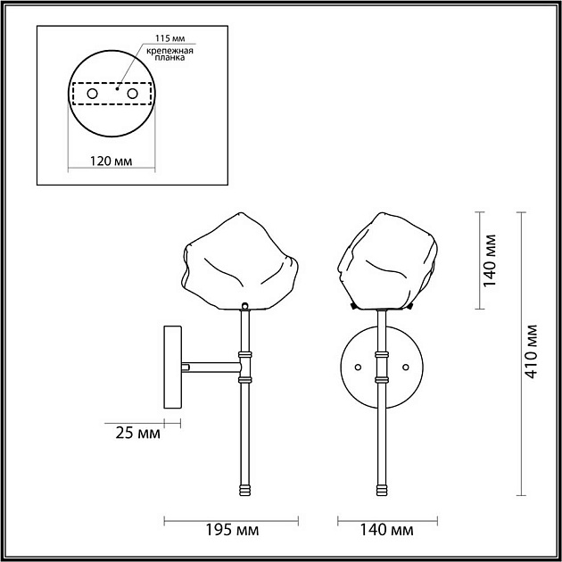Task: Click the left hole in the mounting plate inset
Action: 92,93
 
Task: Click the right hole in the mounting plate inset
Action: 132,93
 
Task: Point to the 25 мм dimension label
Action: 137,434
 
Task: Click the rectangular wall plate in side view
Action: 171,369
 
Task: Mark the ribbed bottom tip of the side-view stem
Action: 244,489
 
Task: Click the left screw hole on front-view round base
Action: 359,366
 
